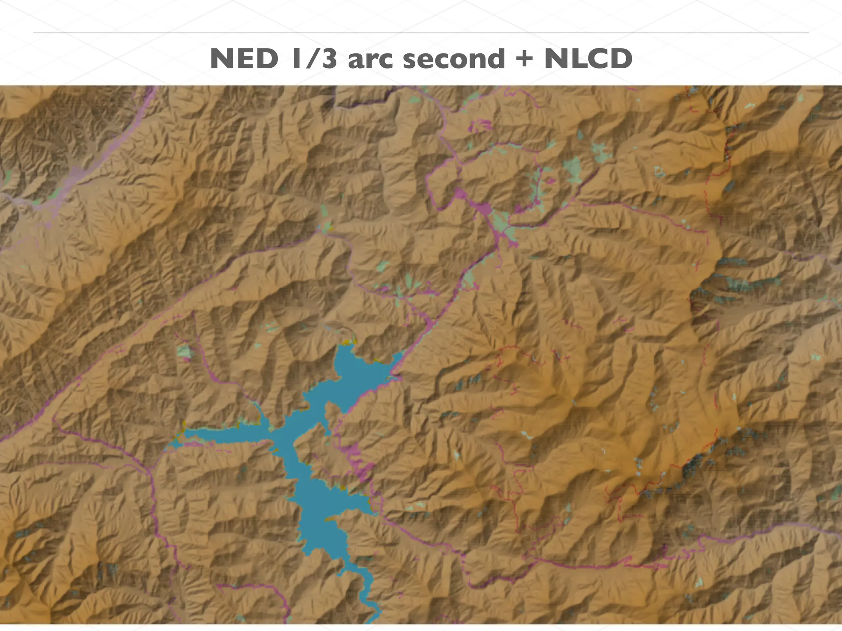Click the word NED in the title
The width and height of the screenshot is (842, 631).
click(x=244, y=59)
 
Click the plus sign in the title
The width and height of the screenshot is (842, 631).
click(x=524, y=59)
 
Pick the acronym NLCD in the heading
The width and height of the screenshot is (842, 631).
click(x=588, y=59)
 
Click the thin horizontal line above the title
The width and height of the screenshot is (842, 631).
click(x=421, y=32)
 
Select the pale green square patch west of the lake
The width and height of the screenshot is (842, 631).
click(x=184, y=351)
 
